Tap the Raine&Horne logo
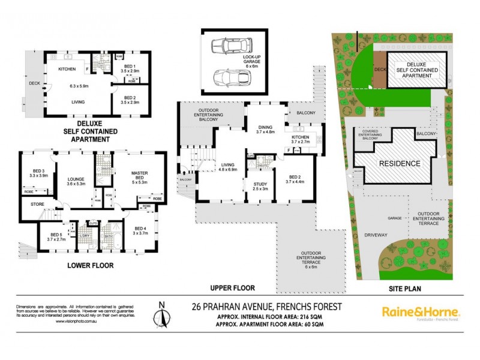point(421,312)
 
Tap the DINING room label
point(265,128)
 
